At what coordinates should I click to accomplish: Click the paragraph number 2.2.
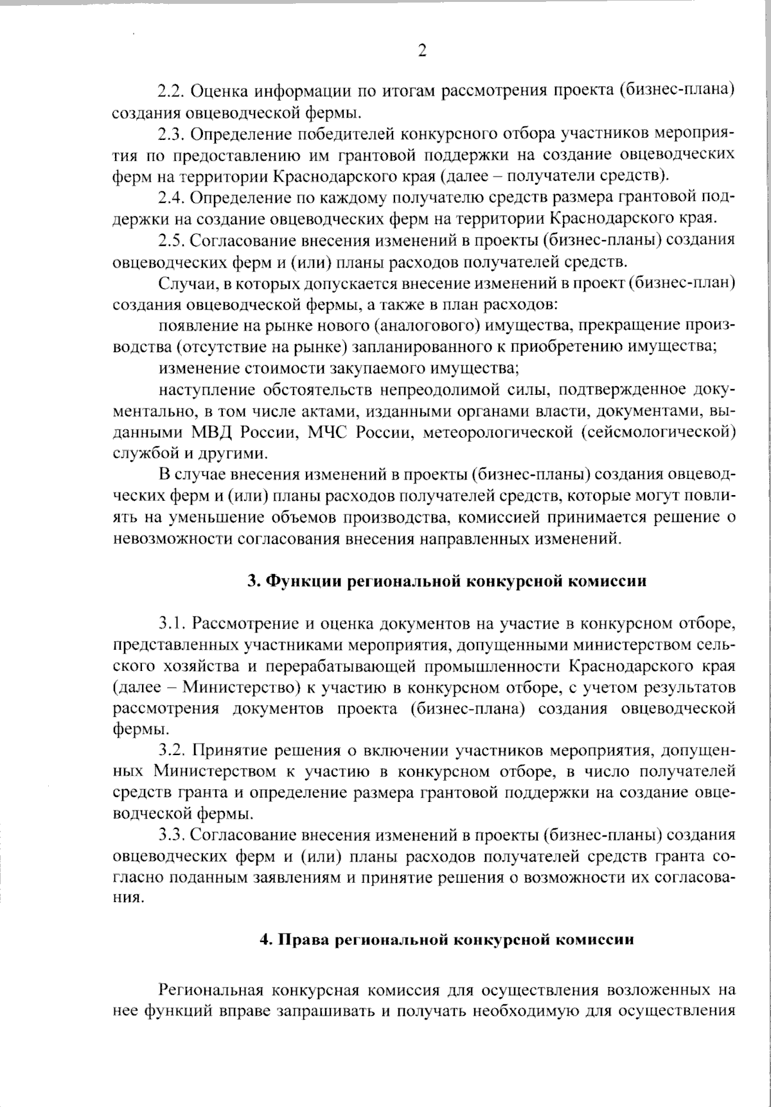[172, 89]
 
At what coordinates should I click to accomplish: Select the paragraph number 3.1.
[173, 623]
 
